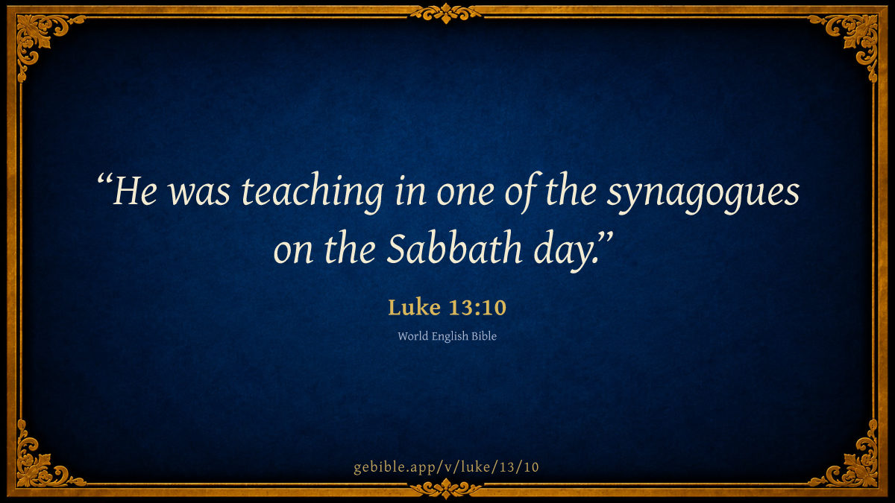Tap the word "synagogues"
tap(703, 193)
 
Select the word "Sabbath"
tap(454, 248)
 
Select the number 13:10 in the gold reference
tap(477, 308)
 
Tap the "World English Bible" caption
tap(447, 336)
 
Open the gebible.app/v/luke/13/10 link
tap(446, 467)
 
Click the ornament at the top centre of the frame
tap(446, 13)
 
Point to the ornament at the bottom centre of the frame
tap(446, 488)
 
